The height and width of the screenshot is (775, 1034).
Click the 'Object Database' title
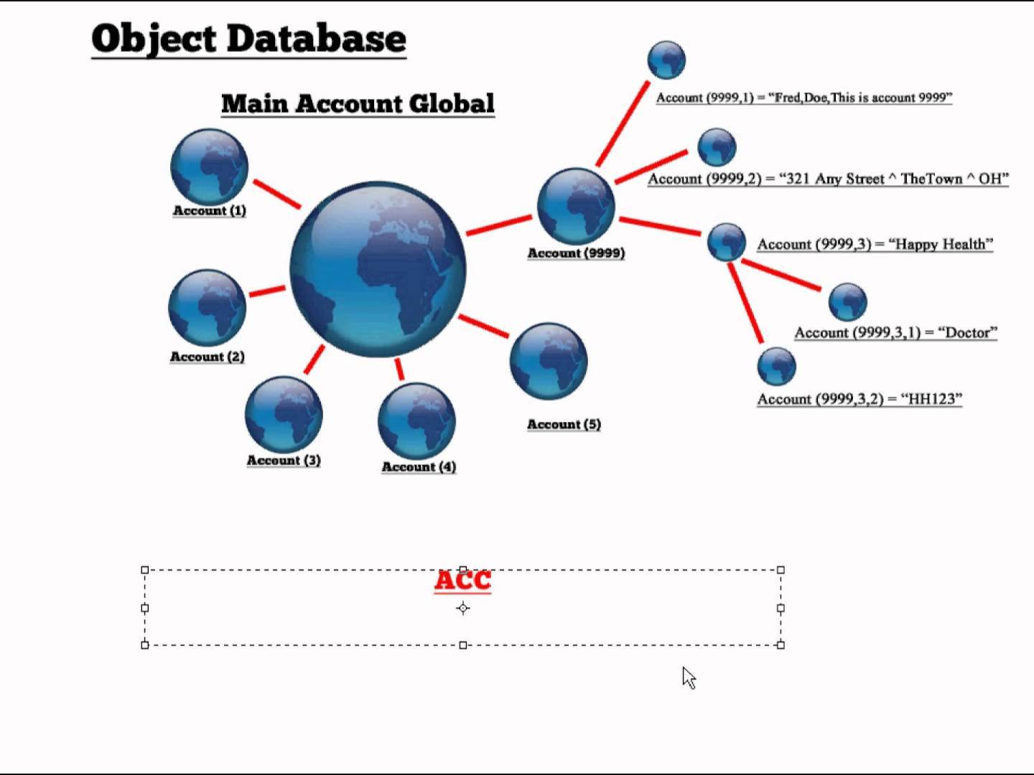[248, 39]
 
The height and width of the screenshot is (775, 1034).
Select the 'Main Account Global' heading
[358, 103]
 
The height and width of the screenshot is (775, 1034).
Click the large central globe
[378, 269]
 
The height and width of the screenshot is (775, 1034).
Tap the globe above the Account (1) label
[209, 166]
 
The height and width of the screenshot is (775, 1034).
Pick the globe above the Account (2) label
[207, 308]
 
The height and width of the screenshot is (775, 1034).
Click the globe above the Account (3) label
[283, 415]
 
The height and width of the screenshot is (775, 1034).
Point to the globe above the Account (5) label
[548, 361]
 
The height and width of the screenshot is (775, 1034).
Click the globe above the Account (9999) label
[576, 206]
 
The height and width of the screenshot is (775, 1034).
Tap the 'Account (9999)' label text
[576, 253]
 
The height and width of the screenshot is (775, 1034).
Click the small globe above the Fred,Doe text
[666, 60]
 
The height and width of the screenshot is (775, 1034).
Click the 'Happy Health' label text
[875, 245]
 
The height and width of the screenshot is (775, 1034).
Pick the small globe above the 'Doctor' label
[847, 301]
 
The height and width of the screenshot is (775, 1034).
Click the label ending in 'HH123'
[859, 399]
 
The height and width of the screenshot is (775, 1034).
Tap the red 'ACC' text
[462, 581]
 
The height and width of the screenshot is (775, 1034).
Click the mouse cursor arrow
[688, 677]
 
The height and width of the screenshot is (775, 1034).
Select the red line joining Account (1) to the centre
[276, 194]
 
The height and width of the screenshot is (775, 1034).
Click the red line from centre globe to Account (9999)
[499, 224]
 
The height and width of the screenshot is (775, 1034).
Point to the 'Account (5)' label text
[564, 425]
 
